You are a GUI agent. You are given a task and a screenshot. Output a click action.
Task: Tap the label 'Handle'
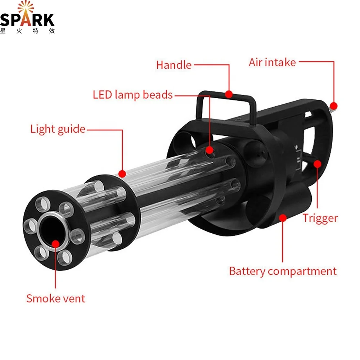[x=174, y=65]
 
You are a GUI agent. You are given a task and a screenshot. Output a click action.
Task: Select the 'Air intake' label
[x=272, y=62]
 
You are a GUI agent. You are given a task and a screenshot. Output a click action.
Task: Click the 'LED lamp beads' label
[x=133, y=95]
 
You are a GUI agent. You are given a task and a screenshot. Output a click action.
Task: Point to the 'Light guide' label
[x=58, y=129]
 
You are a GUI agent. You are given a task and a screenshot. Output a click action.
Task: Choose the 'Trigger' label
[x=320, y=218]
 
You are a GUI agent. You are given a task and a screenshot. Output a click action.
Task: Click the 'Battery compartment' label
[x=283, y=271]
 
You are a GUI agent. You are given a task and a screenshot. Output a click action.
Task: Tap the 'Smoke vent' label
[x=56, y=298]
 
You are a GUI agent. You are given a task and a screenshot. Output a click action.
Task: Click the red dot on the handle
[x=228, y=94]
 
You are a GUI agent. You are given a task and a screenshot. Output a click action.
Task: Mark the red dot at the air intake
[x=333, y=106]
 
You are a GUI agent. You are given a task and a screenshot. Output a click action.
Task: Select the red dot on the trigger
[x=317, y=164]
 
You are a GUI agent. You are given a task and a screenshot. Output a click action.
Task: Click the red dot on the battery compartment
[x=283, y=217]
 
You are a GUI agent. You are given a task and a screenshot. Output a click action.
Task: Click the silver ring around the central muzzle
[x=43, y=220]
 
